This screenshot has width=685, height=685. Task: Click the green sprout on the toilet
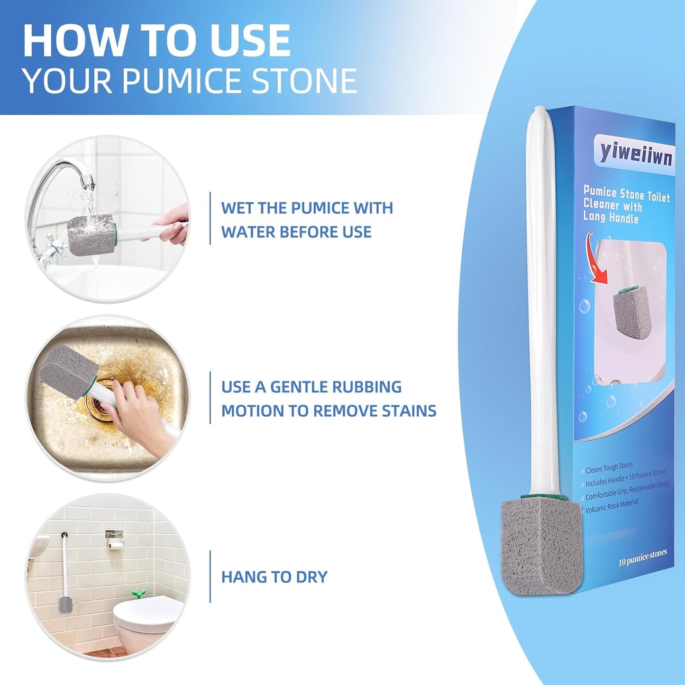tap(138, 593)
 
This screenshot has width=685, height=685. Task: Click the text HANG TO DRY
tap(274, 577)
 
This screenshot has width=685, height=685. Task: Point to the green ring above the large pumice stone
tap(543, 496)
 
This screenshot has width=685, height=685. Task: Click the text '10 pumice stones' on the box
tap(642, 558)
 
